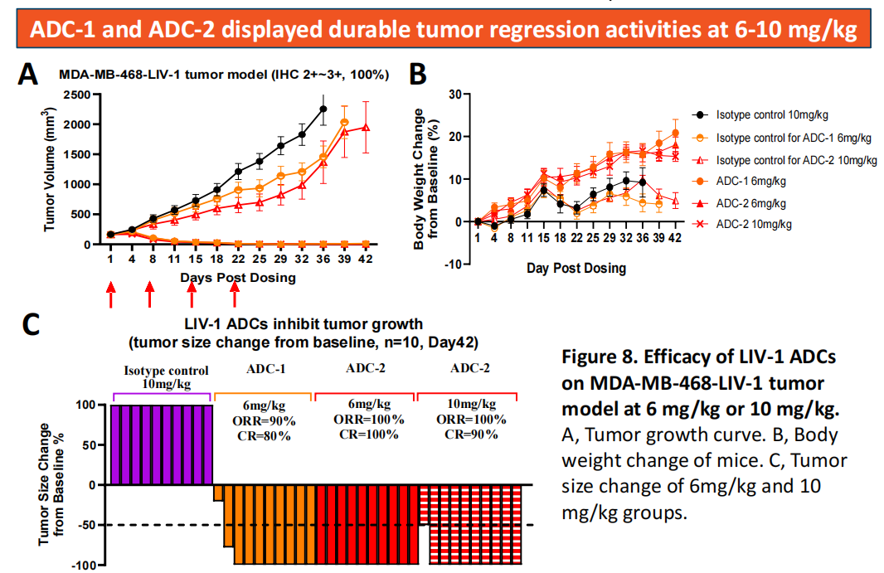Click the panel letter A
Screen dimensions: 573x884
(x=29, y=75)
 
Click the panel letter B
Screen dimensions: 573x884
(x=419, y=75)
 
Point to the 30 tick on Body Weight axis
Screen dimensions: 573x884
(x=454, y=94)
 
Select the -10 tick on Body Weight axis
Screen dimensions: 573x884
(x=451, y=264)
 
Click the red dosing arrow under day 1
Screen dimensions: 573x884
(x=110, y=294)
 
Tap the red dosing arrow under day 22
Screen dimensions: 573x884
(x=235, y=294)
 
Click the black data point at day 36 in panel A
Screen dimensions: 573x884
(x=323, y=109)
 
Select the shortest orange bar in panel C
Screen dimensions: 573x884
(x=218, y=493)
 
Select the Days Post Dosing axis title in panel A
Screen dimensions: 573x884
(x=238, y=277)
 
